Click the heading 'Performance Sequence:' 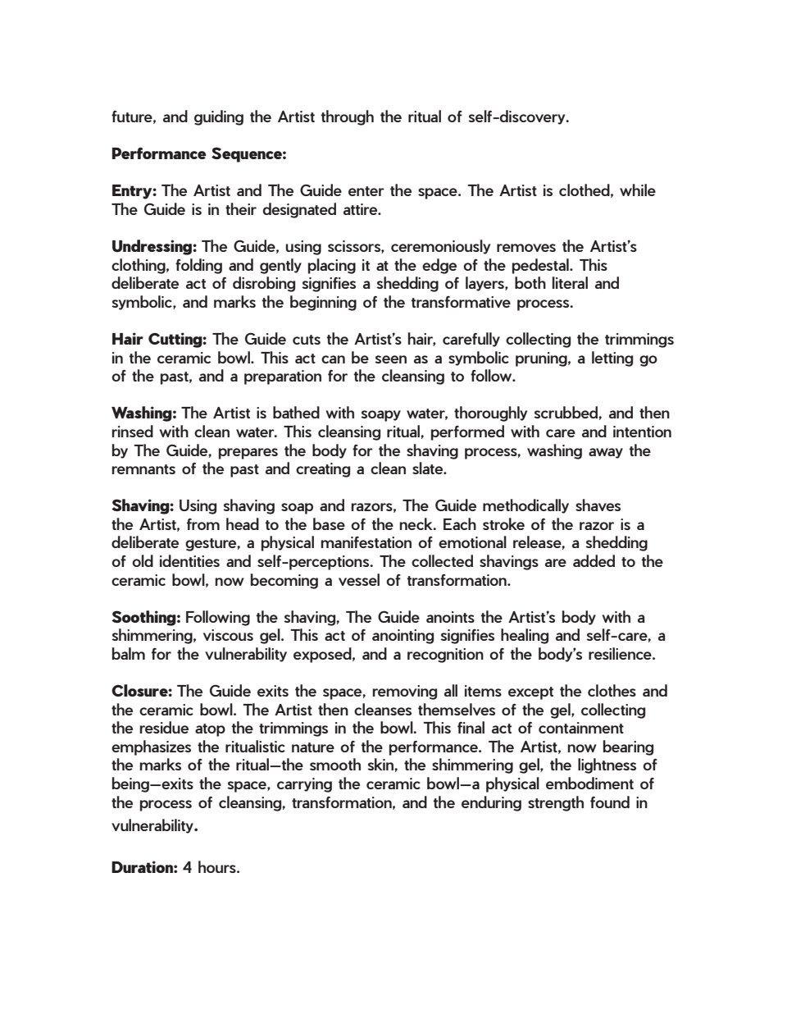coord(198,154)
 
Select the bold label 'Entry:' coord(134,191)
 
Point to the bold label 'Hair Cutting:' coord(159,340)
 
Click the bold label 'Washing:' coord(144,414)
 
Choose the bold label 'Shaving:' coord(143,506)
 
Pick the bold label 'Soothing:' coord(146,618)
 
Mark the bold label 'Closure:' coord(142,692)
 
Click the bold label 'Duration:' coord(144,867)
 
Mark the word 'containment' coord(581,729)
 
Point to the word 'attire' coord(358,210)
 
